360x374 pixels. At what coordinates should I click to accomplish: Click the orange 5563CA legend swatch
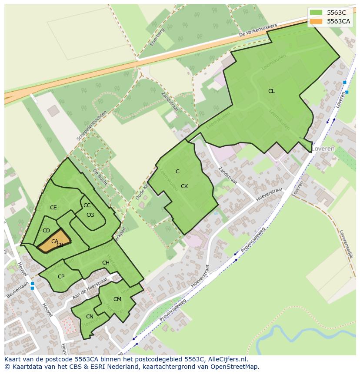[x=316, y=21]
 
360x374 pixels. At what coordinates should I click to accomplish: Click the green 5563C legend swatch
[x=316, y=13]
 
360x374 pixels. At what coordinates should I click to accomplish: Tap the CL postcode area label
[x=271, y=91]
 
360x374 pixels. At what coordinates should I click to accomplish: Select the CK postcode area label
[x=184, y=186]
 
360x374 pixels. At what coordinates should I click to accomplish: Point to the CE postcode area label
[x=53, y=208]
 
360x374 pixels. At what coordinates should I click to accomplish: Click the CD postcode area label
[x=47, y=231]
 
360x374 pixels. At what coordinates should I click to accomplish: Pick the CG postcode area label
[x=90, y=215]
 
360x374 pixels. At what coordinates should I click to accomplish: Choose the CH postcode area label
[x=106, y=263]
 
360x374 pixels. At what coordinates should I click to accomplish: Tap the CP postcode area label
[x=61, y=277]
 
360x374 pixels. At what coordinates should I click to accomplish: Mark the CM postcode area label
[x=117, y=299]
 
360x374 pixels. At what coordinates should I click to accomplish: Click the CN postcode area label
[x=90, y=317]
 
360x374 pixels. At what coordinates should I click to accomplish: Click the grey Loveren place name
[x=323, y=149]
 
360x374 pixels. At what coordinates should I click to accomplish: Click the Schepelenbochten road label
[x=92, y=125]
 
